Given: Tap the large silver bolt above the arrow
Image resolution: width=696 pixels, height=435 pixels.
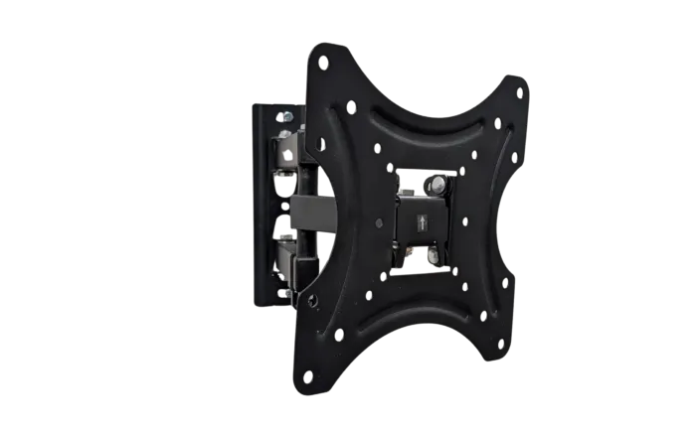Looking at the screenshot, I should pos(436,184).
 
